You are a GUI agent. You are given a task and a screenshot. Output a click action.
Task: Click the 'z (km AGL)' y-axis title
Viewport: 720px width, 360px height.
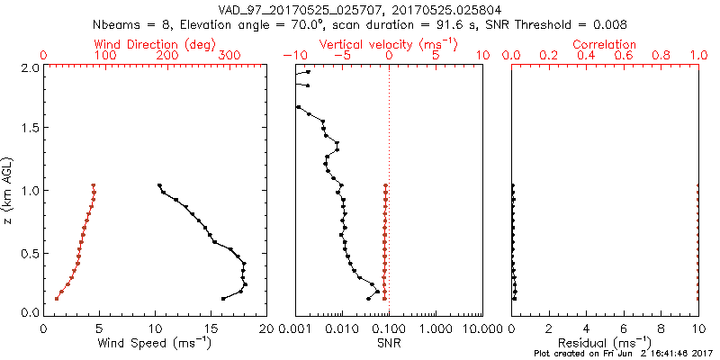pos(9,189)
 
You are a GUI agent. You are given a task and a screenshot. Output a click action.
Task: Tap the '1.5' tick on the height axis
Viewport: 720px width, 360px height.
pos(30,129)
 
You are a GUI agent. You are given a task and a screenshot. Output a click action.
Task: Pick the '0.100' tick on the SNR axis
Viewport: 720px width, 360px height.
pos(389,328)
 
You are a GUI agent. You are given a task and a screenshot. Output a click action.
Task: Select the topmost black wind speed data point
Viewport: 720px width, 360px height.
pos(158,185)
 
